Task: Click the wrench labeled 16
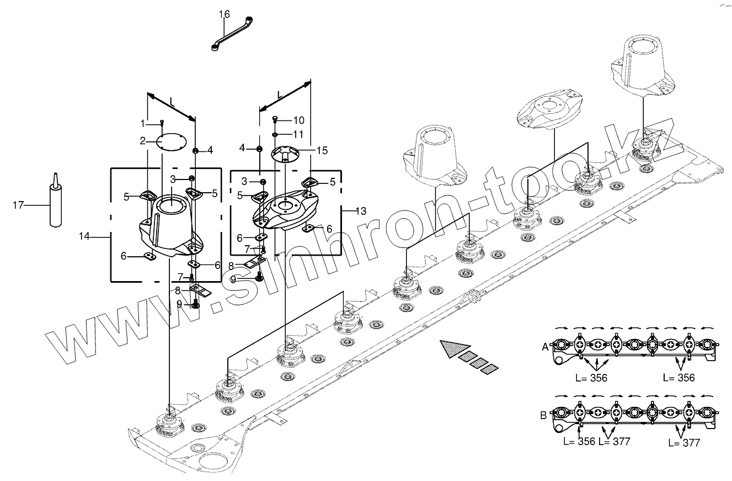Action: pyautogui.click(x=232, y=35)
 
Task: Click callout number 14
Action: pyautogui.click(x=84, y=236)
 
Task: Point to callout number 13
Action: pyautogui.click(x=361, y=210)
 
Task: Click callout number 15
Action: pyautogui.click(x=322, y=150)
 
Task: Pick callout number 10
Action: pyautogui.click(x=298, y=120)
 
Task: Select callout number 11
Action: pyautogui.click(x=298, y=134)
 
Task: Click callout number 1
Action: pyautogui.click(x=143, y=122)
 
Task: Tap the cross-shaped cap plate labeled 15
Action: pyautogui.click(x=285, y=153)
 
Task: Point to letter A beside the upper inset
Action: pyautogui.click(x=545, y=347)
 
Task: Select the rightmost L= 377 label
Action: pyautogui.click(x=684, y=442)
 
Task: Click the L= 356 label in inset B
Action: pyautogui.click(x=579, y=442)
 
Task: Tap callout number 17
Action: pyautogui.click(x=18, y=205)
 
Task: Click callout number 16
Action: pyautogui.click(x=224, y=14)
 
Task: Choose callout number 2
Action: pyautogui.click(x=142, y=141)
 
